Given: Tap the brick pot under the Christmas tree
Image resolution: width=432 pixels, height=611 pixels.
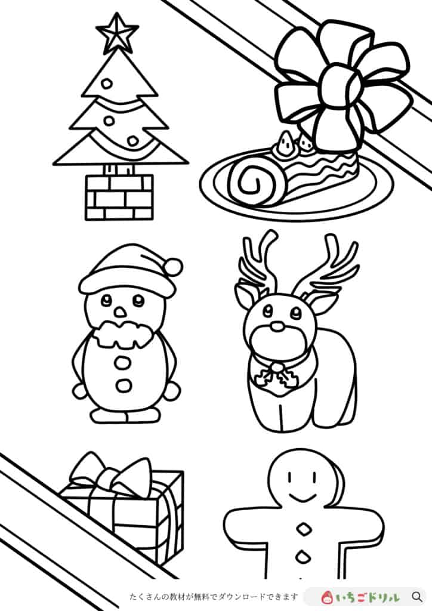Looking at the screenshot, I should [x=119, y=198].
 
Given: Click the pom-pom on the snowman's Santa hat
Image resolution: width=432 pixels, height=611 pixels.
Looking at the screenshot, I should [x=173, y=266].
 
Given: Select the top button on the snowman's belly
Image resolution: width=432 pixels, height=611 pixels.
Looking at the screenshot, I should [x=124, y=363].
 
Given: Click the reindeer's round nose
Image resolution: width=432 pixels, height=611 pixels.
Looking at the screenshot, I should [x=277, y=326].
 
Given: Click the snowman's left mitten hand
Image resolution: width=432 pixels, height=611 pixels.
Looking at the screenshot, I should [x=79, y=391].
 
